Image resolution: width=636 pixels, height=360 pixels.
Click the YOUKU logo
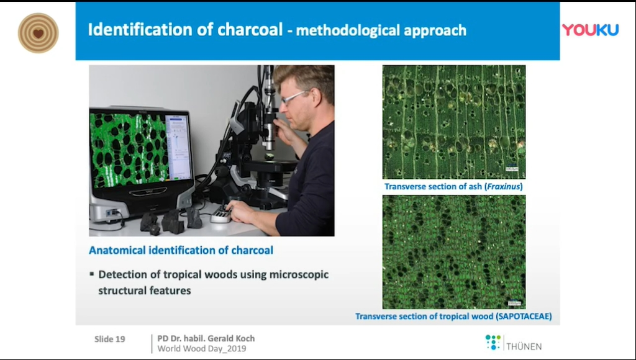pos(590,30)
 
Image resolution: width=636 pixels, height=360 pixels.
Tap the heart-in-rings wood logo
pos(38,34)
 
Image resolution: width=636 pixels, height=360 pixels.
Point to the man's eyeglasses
pos(295,97)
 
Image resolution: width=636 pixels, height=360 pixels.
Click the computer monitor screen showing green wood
pos(140,150)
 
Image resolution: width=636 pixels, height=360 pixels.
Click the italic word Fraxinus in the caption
pos(504,186)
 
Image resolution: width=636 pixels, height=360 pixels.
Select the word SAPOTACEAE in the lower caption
pos(524,316)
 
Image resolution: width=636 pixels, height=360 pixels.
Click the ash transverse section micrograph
pos(454,122)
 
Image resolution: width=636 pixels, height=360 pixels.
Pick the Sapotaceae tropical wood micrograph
pos(454,252)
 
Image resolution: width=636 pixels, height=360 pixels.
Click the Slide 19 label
pos(109,340)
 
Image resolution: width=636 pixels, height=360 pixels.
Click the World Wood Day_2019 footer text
pos(202,349)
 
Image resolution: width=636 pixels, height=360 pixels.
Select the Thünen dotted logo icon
pos(493,343)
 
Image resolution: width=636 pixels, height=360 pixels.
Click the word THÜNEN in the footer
pos(524,346)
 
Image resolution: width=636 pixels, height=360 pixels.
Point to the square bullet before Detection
pos(92,274)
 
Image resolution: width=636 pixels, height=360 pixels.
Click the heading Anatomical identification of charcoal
pos(181,250)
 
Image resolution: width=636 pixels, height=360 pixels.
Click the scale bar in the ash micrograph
pos(512,168)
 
